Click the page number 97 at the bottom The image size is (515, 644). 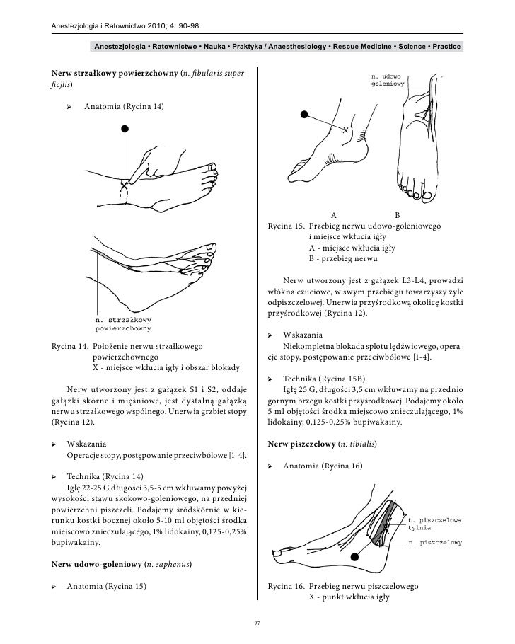[257, 623]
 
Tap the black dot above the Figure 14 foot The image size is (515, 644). [125, 129]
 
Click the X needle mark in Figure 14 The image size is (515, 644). [124, 185]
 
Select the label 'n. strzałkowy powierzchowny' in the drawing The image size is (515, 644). [123, 324]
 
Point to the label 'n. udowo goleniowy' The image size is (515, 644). [388, 80]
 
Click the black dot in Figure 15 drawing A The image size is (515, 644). [304, 114]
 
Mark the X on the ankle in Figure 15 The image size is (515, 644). [345, 130]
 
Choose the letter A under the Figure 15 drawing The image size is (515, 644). [334, 215]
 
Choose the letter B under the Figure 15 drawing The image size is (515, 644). [397, 215]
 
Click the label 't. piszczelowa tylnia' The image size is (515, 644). [434, 524]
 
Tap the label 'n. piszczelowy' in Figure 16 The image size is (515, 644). [435, 543]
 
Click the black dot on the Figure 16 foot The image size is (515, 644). [355, 557]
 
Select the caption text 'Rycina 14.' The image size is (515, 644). [69, 346]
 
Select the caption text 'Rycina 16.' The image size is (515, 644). [286, 586]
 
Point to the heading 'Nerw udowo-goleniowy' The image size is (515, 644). [96, 564]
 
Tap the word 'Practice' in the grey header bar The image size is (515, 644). [446, 47]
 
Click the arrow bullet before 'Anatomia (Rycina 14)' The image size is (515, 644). [69, 107]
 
